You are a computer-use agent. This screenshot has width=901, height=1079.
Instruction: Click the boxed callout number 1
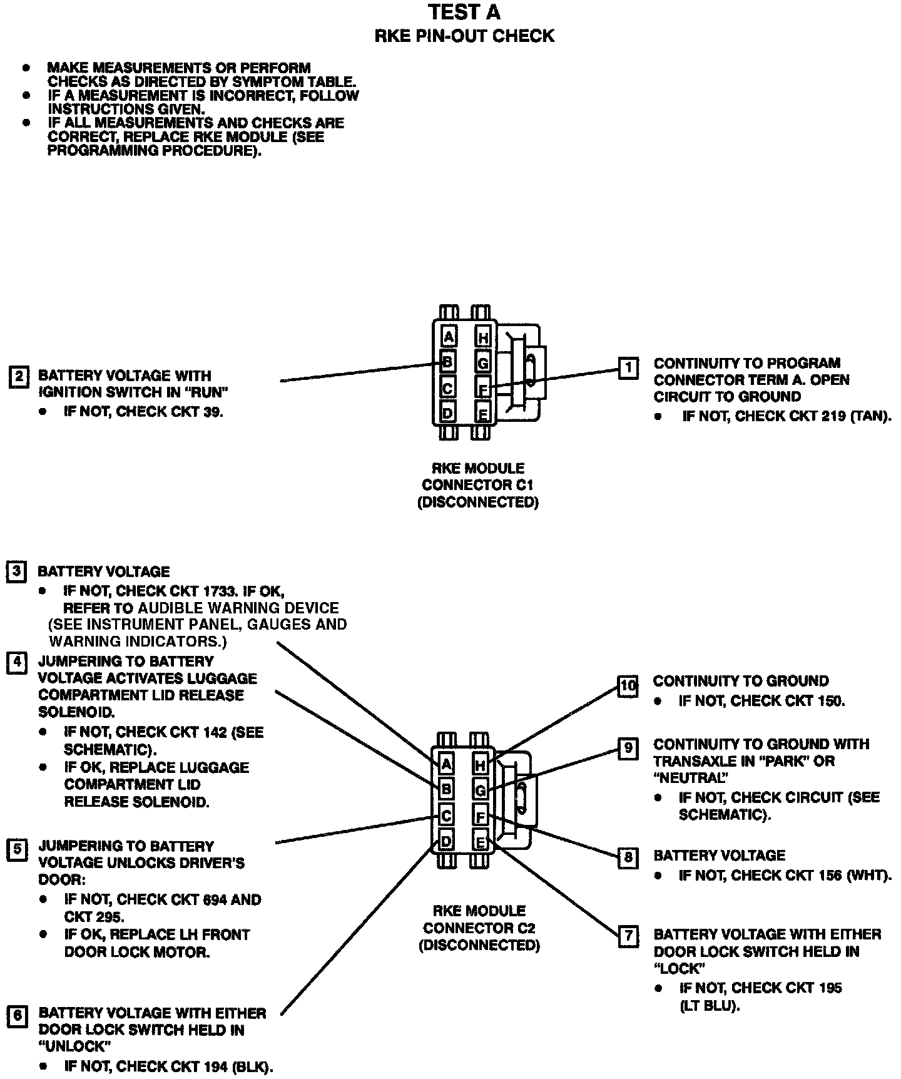click(628, 368)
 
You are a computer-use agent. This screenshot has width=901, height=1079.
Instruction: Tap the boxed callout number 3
click(16, 572)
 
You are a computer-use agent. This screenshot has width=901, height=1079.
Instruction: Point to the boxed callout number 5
click(17, 849)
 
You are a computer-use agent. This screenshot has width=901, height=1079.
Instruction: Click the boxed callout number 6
click(17, 1015)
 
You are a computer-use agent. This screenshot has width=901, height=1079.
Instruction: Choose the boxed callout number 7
click(628, 936)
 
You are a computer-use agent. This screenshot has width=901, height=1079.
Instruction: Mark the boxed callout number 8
click(628, 857)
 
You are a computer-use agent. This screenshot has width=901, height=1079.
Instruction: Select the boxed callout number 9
click(628, 749)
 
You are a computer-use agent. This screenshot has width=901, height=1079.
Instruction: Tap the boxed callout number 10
click(627, 686)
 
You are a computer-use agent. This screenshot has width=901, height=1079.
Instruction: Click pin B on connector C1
click(447, 362)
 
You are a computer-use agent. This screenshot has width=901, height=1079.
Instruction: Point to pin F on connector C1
click(482, 389)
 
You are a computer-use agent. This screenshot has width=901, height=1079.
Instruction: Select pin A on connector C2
click(446, 764)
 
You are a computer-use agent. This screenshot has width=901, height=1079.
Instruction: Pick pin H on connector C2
click(480, 764)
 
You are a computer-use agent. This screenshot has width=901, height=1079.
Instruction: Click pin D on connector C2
click(445, 841)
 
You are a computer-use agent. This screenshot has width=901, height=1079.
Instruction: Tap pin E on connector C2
click(480, 842)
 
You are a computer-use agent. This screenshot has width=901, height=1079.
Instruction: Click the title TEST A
click(464, 13)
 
